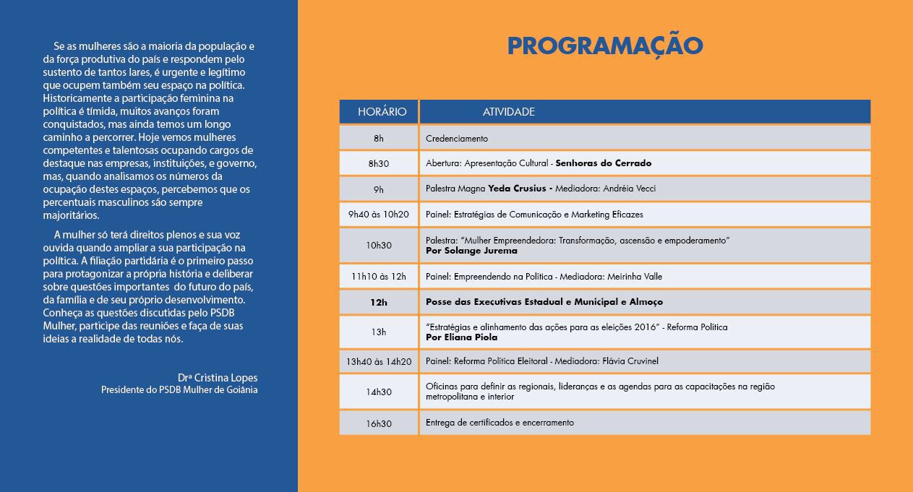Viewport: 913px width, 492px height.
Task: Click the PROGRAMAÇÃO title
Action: point(605,47)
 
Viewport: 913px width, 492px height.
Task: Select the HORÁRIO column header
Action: point(382,111)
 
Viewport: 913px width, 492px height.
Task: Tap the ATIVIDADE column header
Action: point(509,111)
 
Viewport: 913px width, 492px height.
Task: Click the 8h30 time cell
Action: point(379,164)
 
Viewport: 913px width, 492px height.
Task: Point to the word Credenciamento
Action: point(457,139)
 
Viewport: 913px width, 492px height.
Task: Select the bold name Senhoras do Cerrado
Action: point(603,163)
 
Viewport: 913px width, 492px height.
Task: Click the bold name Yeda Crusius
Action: point(517,189)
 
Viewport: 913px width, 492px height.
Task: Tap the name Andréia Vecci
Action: point(630,189)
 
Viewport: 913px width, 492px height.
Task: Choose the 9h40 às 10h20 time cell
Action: point(379,215)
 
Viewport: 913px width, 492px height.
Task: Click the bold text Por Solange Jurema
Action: point(471,251)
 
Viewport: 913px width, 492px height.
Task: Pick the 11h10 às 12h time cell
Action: point(379,277)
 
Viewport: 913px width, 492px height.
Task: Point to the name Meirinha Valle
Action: point(635,277)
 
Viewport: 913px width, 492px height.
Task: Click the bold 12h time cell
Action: point(379,302)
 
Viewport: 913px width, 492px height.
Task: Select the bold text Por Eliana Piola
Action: point(461,337)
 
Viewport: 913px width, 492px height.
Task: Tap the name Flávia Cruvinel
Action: point(630,361)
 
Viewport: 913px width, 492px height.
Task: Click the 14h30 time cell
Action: point(379,392)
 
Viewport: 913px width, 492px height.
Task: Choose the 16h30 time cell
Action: point(379,423)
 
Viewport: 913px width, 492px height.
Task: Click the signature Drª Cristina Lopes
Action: point(218,378)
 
